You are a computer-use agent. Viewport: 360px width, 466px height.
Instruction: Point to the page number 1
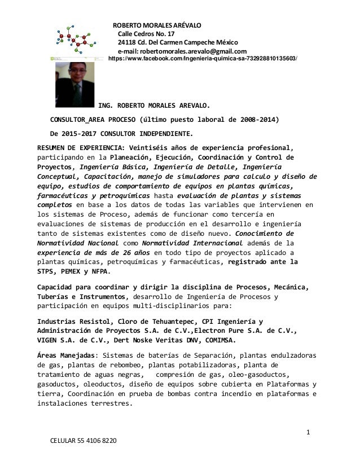[309, 433]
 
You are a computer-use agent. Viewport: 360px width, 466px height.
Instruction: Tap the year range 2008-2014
[257, 120]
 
